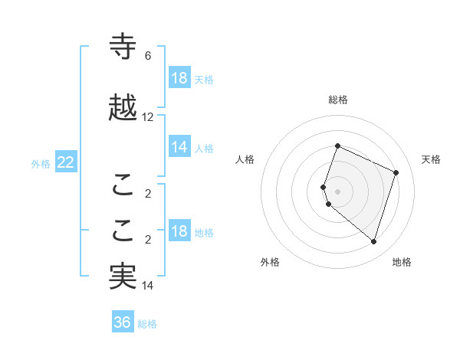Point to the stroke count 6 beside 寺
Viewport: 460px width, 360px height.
point(148,56)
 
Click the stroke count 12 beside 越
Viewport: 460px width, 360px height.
point(148,117)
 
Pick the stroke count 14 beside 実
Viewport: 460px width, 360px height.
point(148,286)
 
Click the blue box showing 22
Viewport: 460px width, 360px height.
point(65,162)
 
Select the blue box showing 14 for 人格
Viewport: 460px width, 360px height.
point(179,147)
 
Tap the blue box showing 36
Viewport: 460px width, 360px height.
point(122,322)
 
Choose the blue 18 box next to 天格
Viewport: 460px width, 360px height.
point(179,78)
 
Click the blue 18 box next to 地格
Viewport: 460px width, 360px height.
point(179,231)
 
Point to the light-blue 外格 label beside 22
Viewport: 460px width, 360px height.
point(41,163)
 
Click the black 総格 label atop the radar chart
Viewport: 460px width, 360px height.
point(338,100)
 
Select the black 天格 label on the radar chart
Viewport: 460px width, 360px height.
point(431,159)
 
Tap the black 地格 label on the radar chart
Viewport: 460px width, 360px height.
point(402,262)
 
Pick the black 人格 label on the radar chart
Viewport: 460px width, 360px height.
point(245,159)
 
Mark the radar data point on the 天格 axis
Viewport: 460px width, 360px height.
point(396,172)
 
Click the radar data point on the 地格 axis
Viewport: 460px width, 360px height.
point(373,241)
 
